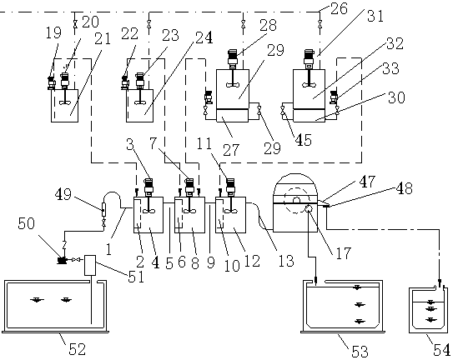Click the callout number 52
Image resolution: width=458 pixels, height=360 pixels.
(x=77, y=348)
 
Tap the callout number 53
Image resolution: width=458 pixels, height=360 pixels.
(x=360, y=351)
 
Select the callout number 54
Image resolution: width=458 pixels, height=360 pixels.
(x=441, y=349)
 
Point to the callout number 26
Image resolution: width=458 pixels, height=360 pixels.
(x=339, y=8)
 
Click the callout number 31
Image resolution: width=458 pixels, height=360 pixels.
(x=375, y=16)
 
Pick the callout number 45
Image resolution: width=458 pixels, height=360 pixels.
(x=304, y=140)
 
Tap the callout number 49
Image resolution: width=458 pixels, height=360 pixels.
(x=63, y=193)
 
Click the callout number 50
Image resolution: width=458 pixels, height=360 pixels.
(x=27, y=223)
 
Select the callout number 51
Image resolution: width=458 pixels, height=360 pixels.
(x=136, y=277)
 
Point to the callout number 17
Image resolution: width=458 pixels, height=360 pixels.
(x=343, y=253)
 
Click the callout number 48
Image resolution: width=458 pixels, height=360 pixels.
(x=405, y=188)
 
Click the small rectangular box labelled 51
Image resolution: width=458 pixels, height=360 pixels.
(x=90, y=265)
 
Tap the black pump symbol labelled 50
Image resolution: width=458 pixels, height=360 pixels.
(x=62, y=260)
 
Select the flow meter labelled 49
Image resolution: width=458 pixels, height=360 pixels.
(x=103, y=209)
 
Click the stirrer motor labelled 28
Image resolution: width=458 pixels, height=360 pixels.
(x=233, y=58)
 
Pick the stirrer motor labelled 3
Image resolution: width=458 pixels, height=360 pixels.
(x=148, y=186)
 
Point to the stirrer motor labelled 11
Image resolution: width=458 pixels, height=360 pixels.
(x=230, y=186)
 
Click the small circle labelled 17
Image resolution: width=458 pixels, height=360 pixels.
(x=309, y=207)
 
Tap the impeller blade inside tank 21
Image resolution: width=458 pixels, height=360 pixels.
(x=64, y=102)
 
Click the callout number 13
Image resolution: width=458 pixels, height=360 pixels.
(x=285, y=261)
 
